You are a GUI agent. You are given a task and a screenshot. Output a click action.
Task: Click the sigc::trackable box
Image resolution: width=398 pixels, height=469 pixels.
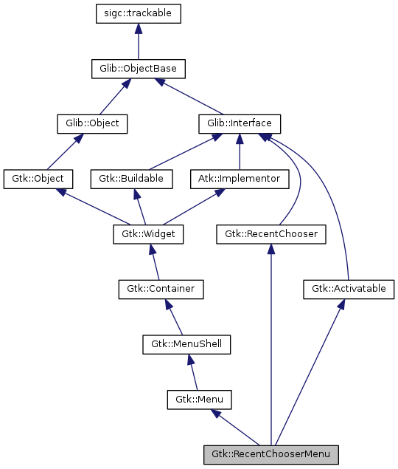pos(139,13)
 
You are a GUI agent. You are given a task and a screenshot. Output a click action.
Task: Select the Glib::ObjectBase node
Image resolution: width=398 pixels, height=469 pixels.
pos(139,69)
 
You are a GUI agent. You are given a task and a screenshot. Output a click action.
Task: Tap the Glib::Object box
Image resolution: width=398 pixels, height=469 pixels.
pos(92,123)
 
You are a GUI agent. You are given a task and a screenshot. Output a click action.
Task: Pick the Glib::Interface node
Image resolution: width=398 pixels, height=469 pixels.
pos(240,123)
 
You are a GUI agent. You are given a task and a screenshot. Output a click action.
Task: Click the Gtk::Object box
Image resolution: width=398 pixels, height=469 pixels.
pos(38,178)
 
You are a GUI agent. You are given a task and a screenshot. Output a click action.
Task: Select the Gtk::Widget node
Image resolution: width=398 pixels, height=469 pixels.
pos(147,234)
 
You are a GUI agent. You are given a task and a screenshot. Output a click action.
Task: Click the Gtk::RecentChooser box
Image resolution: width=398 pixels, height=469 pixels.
pos(271,234)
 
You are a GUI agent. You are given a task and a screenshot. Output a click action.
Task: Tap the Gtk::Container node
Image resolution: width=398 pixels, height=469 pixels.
pos(161,289)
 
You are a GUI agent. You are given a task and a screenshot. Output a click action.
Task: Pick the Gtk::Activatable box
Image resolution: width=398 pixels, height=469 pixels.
pos(344,289)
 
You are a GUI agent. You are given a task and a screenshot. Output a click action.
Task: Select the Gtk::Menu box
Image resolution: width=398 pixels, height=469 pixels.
pos(199,400)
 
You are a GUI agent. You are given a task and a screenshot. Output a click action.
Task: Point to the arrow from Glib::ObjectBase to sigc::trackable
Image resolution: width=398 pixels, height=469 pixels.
pos(139,41)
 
